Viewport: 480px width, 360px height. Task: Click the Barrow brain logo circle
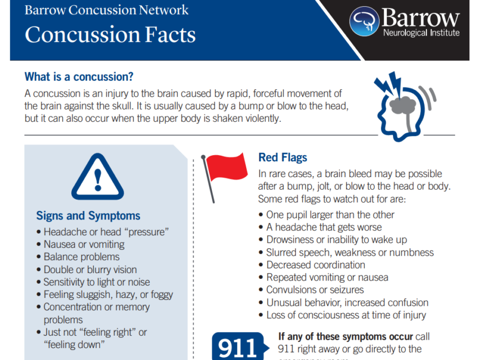(x=364, y=21)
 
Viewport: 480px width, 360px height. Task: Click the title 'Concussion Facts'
(x=110, y=35)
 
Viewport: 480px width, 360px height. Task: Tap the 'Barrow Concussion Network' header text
(x=107, y=10)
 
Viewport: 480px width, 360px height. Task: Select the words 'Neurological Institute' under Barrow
(x=421, y=33)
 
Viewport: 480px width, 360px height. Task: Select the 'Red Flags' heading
(x=282, y=157)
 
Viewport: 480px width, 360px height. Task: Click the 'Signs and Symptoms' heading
(x=88, y=216)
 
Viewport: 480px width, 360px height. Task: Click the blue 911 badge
(x=237, y=346)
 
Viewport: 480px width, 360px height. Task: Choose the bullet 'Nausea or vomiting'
(x=84, y=244)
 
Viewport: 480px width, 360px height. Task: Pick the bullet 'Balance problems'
(x=82, y=257)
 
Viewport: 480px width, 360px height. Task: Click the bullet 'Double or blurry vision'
(x=90, y=270)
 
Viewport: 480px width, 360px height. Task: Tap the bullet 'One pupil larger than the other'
(x=330, y=214)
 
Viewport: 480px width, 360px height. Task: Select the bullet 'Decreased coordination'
(x=315, y=265)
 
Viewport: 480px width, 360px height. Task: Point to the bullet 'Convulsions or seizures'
(x=315, y=289)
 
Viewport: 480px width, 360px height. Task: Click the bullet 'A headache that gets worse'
(x=324, y=227)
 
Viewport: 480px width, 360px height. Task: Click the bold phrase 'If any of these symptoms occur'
(x=346, y=336)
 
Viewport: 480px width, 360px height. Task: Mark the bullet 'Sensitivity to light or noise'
(x=97, y=282)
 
